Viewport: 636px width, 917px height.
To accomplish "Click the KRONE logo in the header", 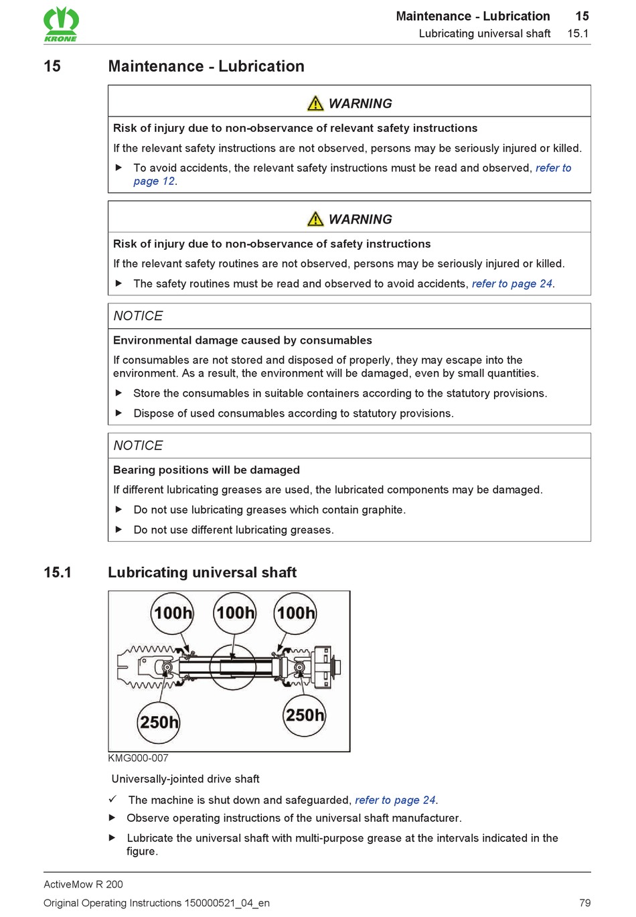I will coord(61,23).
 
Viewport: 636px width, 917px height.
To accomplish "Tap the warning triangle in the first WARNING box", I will coord(315,104).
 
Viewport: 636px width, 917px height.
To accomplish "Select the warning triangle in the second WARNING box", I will coord(315,220).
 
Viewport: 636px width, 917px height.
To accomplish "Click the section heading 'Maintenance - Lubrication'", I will coord(206,66).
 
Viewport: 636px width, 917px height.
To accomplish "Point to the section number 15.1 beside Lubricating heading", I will coord(58,573).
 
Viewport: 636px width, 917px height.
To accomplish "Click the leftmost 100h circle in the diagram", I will coord(173,613).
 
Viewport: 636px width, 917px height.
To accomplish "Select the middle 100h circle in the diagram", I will coord(235,613).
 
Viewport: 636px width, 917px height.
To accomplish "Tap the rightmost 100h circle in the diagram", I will coord(296,613).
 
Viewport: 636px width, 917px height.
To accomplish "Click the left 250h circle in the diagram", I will coord(159,722).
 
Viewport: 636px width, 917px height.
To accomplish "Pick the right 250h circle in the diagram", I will coord(305,715).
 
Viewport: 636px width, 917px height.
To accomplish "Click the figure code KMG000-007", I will coord(139,758).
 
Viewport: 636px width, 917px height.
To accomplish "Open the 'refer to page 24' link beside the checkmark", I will coord(395,800).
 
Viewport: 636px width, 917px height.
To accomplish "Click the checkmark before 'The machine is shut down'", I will coord(113,799).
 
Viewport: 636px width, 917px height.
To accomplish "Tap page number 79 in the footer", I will coord(584,903).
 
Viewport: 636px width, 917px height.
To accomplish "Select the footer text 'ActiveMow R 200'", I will coord(84,884).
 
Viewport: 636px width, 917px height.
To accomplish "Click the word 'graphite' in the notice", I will coord(382,510).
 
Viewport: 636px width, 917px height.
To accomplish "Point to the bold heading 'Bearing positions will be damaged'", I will coord(206,470).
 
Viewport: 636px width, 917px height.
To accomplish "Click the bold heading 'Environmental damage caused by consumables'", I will coord(242,340).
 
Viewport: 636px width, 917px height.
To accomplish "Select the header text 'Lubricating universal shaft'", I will coord(485,33).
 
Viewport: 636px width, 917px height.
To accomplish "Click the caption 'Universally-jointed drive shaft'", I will coord(185,779).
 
